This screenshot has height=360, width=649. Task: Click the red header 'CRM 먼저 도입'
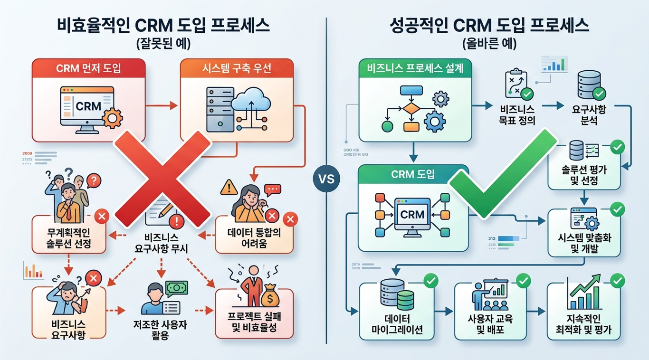(x=88, y=68)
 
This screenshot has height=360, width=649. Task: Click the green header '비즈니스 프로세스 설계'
(x=416, y=68)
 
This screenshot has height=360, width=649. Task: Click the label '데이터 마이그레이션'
(x=396, y=324)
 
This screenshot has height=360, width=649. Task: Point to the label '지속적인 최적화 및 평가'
(x=583, y=324)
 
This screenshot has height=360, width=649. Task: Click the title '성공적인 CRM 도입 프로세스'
(x=488, y=26)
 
